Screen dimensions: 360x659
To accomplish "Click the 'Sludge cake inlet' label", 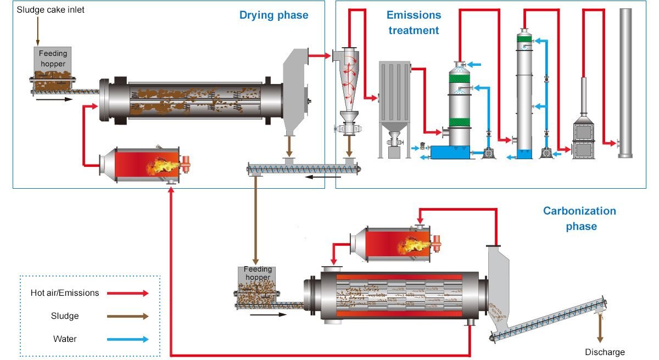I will [x=51, y=10].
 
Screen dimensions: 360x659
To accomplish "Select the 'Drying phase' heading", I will [x=273, y=15].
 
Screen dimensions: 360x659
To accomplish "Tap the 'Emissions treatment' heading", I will [x=414, y=22].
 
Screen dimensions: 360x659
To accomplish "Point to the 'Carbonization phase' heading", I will [x=579, y=218].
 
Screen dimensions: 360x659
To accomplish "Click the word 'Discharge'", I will [x=605, y=352].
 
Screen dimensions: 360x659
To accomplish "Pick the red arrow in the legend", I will [x=127, y=294].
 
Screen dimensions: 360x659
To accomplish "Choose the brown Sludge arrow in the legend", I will [x=127, y=316].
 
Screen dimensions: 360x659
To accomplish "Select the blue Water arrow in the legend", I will [x=127, y=339].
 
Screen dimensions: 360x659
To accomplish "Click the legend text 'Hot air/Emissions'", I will [x=65, y=293].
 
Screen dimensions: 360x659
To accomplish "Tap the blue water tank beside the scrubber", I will [x=450, y=152].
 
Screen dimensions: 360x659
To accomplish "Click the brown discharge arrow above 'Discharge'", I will [x=600, y=329].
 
